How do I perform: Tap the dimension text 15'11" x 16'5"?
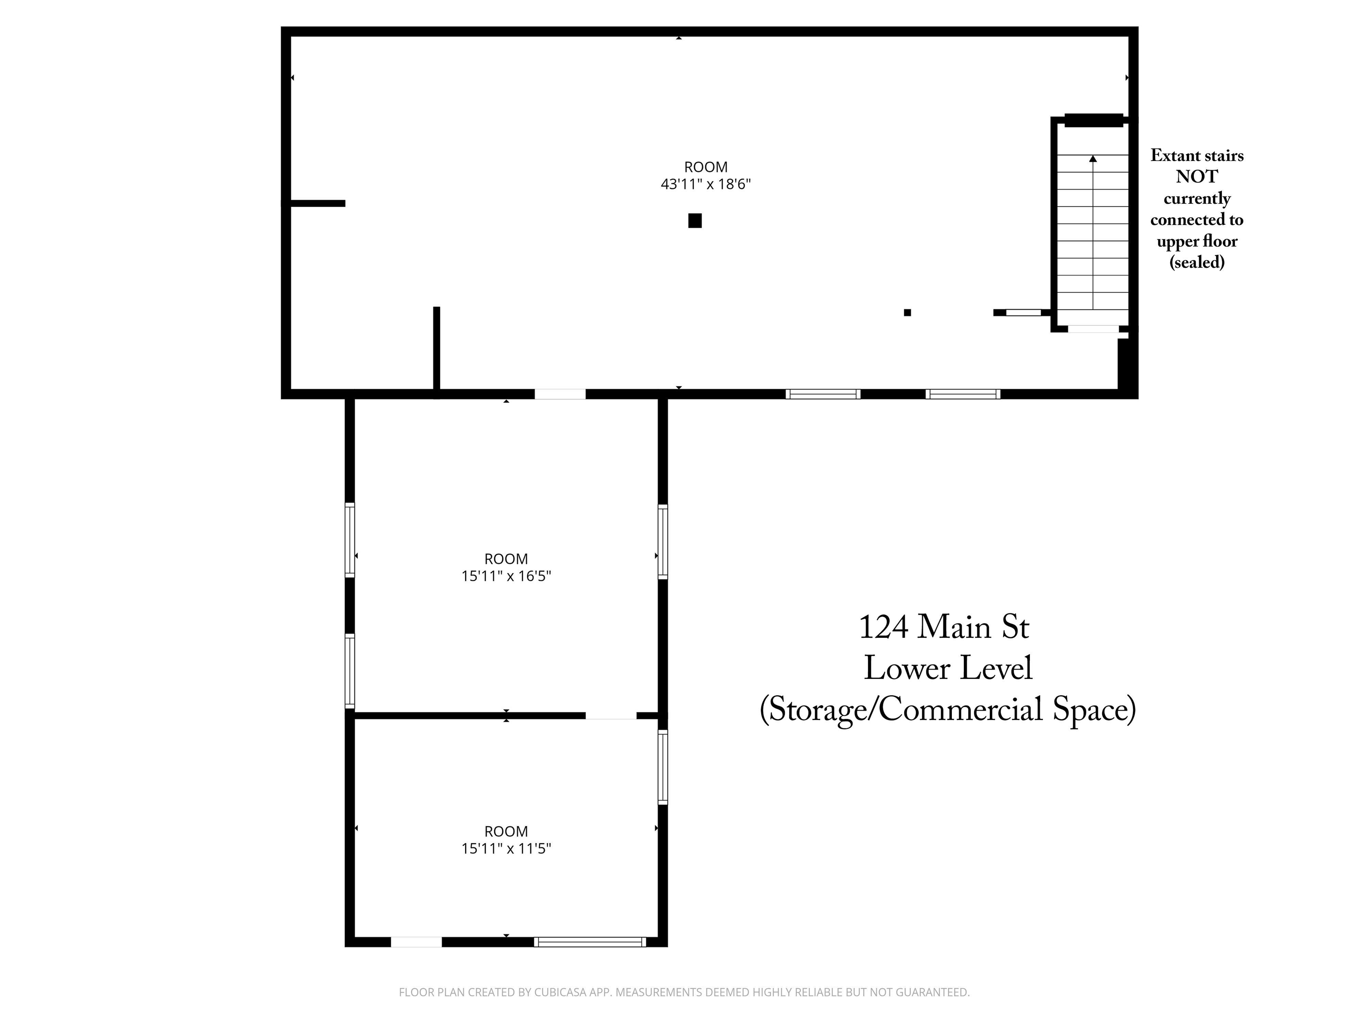point(506,576)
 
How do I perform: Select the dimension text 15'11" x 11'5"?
point(506,848)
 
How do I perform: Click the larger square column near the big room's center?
point(695,220)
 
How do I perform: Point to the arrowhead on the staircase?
point(1093,159)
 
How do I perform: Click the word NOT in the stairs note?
point(1197,177)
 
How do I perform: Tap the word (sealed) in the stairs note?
point(1197,263)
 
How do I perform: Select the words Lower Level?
point(948,669)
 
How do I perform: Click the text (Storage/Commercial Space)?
point(948,710)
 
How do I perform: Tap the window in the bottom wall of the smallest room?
point(590,942)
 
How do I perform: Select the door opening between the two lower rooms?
point(611,715)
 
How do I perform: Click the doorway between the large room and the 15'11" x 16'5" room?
point(560,394)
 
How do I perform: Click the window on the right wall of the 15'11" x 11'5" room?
point(663,768)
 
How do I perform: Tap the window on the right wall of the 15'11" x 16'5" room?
point(663,542)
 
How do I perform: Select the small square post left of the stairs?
point(907,312)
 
